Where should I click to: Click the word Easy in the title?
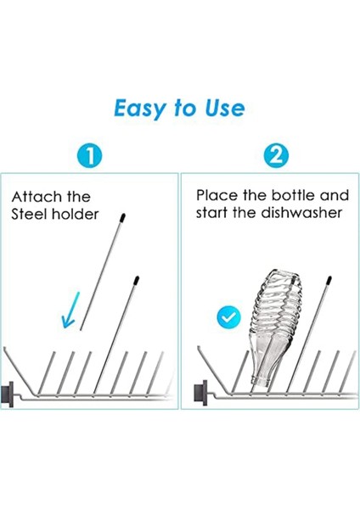[140, 108]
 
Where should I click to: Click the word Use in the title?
[222, 108]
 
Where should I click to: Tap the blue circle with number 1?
[90, 156]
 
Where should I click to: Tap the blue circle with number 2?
[276, 156]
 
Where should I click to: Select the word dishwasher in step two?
[301, 213]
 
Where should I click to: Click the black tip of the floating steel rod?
[124, 217]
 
